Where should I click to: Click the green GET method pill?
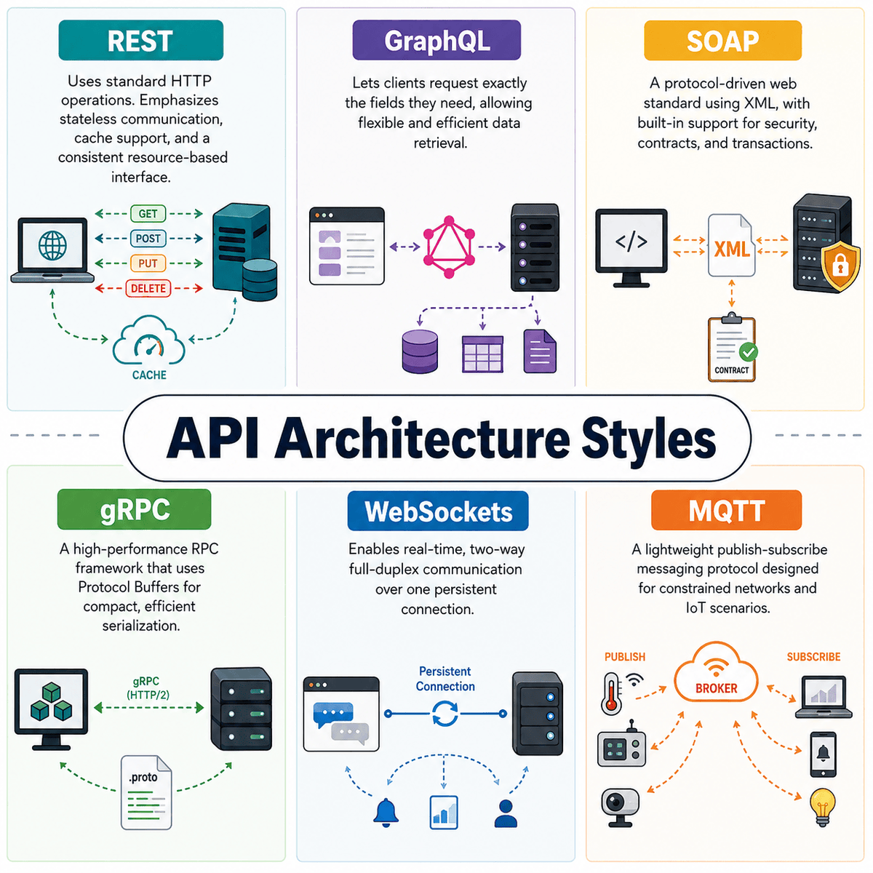point(148,213)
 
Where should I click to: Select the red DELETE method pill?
point(148,288)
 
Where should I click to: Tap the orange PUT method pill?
point(148,263)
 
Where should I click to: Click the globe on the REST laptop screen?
point(52,246)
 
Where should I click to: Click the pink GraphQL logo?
point(449,247)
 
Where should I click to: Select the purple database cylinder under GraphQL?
point(420,351)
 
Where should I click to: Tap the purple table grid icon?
point(482,354)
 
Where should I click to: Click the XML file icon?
point(731,245)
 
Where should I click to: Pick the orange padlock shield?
point(840,266)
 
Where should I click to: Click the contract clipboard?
point(732,348)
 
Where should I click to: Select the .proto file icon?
point(146,792)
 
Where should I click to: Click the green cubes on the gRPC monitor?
point(51,702)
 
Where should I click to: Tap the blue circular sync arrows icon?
point(445,714)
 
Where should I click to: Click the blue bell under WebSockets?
point(386,813)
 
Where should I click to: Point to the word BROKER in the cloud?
point(717,688)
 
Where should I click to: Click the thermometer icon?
point(611,693)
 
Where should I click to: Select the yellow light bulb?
point(822,808)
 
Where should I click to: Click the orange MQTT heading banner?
point(726,510)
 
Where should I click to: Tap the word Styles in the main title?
point(648,438)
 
